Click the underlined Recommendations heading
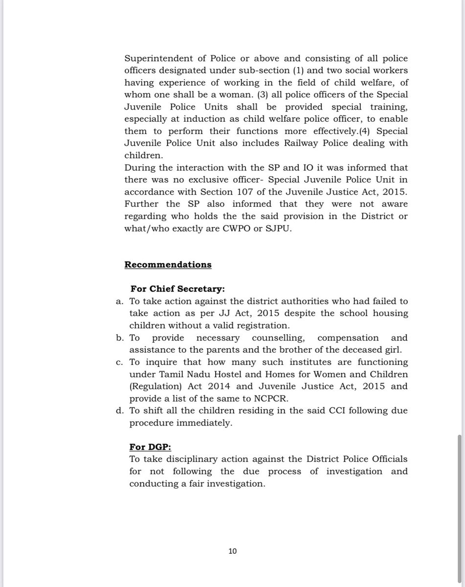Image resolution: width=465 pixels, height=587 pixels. coord(168,265)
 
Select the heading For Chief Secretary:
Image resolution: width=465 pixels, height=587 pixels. coord(177,289)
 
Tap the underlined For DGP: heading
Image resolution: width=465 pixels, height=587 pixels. coord(150,447)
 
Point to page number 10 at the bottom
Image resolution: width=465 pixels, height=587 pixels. coord(232,551)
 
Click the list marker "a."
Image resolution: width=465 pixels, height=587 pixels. coord(120,301)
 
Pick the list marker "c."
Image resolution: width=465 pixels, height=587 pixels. coord(120,362)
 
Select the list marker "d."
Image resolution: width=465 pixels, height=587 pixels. coord(120,410)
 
